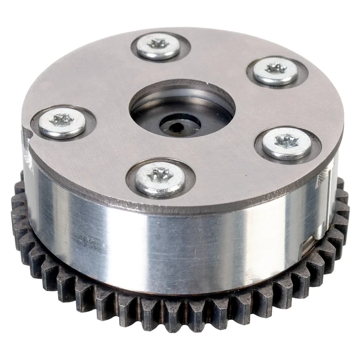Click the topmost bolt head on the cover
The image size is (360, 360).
tap(158, 47)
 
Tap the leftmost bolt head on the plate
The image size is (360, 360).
tap(62, 123)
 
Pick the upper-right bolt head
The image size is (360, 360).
tap(275, 71)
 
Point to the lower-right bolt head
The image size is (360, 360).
tap(287, 144)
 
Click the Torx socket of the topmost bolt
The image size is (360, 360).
tap(158, 44)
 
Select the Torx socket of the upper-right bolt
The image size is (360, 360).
tap(276, 68)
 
